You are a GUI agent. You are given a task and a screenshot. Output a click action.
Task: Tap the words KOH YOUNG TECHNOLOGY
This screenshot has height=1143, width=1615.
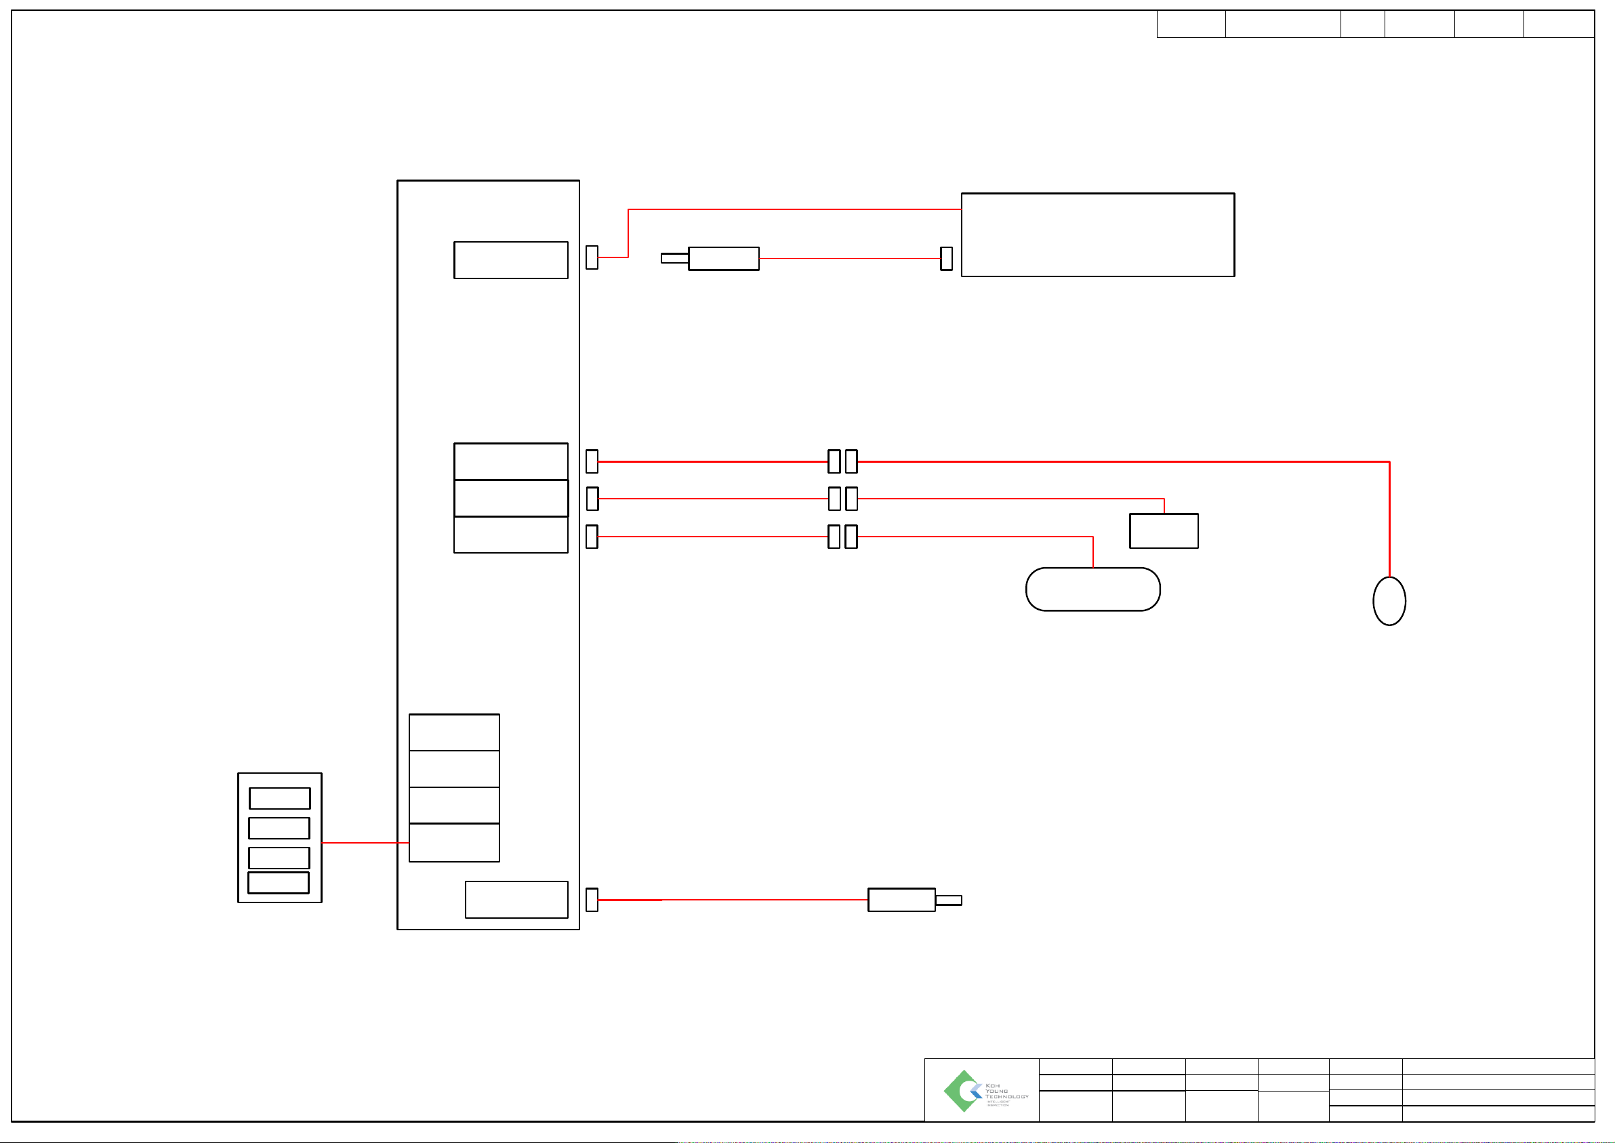click(1006, 1091)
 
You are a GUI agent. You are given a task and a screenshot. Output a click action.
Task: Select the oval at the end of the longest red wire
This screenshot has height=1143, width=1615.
click(1389, 600)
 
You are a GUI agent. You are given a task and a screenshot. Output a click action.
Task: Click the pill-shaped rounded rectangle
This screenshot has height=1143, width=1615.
click(1092, 589)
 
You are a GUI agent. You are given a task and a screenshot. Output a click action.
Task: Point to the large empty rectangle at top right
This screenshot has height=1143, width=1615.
click(1097, 234)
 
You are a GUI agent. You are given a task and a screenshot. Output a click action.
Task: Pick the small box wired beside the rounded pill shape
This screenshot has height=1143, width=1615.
click(1164, 531)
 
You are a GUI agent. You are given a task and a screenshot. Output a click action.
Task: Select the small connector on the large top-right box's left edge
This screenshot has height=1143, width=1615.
click(946, 258)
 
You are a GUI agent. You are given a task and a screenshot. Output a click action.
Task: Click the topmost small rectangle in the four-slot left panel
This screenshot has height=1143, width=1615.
click(279, 798)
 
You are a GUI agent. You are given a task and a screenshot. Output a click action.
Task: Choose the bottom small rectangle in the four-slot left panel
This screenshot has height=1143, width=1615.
click(279, 883)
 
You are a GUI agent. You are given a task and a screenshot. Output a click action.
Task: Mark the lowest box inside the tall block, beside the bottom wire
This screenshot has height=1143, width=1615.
click(516, 900)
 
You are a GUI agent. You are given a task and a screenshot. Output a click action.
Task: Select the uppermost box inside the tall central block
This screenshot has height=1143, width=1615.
click(510, 259)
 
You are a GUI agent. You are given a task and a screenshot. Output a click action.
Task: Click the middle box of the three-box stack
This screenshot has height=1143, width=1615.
click(510, 498)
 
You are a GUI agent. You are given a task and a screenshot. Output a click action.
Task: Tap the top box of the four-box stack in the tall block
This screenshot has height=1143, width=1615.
click(454, 732)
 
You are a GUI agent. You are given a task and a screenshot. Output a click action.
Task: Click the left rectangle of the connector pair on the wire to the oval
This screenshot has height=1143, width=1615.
click(834, 461)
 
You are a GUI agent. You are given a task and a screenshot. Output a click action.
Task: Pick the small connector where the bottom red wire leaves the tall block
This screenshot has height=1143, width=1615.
click(592, 900)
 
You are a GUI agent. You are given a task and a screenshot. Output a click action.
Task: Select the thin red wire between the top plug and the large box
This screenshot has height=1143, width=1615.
click(849, 258)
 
